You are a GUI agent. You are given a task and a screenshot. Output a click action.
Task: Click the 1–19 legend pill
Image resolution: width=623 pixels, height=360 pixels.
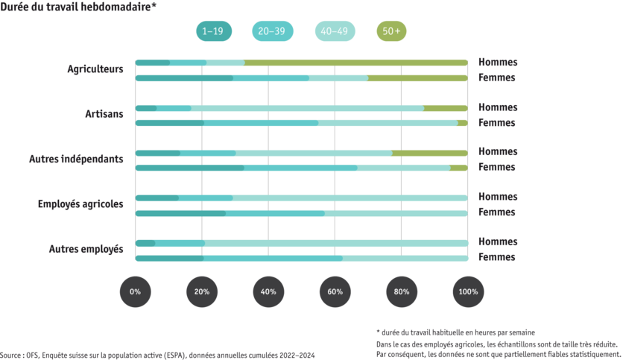pyautogui.click(x=214, y=31)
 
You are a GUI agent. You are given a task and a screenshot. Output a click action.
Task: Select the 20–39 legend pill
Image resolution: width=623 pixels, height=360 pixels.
pyautogui.click(x=273, y=31)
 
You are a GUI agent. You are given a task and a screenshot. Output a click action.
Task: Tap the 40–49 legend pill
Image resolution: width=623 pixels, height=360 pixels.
pyautogui.click(x=335, y=31)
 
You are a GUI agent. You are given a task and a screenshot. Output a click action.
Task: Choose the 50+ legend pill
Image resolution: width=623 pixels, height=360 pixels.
pyautogui.click(x=391, y=31)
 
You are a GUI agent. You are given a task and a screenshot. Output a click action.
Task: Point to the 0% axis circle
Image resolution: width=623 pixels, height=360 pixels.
pyautogui.click(x=135, y=291)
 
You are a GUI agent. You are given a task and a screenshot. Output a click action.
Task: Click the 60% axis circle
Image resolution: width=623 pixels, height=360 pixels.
pyautogui.click(x=335, y=291)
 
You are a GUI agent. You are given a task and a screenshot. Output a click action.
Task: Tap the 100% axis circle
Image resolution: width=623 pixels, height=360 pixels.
pyautogui.click(x=468, y=291)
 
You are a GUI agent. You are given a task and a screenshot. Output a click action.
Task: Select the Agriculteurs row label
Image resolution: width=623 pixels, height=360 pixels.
pyautogui.click(x=95, y=69)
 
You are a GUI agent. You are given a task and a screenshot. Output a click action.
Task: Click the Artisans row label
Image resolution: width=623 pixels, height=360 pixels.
pyautogui.click(x=104, y=114)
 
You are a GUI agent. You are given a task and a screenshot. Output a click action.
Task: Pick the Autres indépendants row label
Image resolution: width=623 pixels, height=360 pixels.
pyautogui.click(x=76, y=159)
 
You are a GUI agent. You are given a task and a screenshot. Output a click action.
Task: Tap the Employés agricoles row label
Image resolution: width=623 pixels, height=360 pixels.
pyautogui.click(x=80, y=204)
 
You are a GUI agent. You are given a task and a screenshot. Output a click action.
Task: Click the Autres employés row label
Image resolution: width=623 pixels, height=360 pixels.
pyautogui.click(x=86, y=249)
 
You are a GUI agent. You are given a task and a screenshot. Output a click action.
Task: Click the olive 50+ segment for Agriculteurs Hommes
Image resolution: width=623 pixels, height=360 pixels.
pyautogui.click(x=356, y=63)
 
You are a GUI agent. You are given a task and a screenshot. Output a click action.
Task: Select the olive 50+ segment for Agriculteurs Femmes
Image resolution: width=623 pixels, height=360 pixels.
pyautogui.click(x=418, y=78)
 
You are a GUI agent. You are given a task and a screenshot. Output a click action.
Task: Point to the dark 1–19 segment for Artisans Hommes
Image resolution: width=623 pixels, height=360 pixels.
pyautogui.click(x=146, y=109)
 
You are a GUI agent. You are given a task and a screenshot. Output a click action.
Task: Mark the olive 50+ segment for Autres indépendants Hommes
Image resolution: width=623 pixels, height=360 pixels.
pyautogui.click(x=430, y=154)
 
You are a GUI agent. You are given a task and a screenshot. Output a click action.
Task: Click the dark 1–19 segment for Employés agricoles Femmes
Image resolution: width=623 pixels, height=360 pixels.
pyautogui.click(x=180, y=214)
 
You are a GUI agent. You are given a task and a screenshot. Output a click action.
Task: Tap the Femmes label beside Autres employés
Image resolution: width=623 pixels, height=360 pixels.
pyautogui.click(x=496, y=257)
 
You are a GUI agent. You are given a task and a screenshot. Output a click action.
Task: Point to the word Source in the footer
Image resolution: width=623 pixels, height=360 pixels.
pyautogui.click(x=10, y=356)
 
